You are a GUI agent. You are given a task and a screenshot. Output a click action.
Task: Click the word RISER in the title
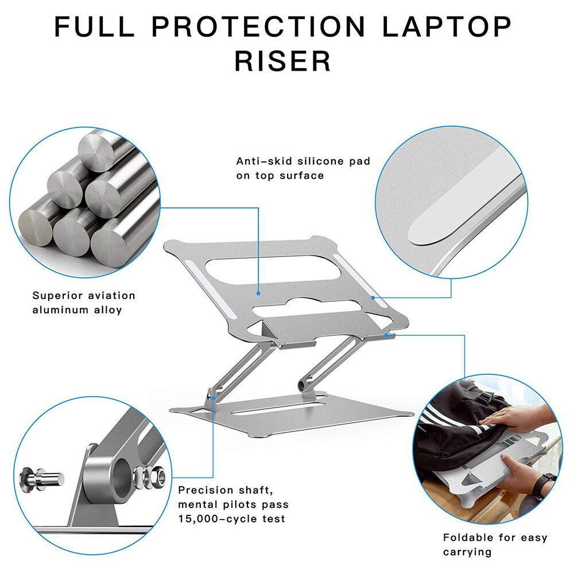point(283,60)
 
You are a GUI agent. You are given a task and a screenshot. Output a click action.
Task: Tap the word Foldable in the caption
point(468,538)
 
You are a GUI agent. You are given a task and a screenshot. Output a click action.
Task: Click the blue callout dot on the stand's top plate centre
point(259,293)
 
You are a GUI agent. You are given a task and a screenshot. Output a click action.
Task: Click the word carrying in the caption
point(467,552)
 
